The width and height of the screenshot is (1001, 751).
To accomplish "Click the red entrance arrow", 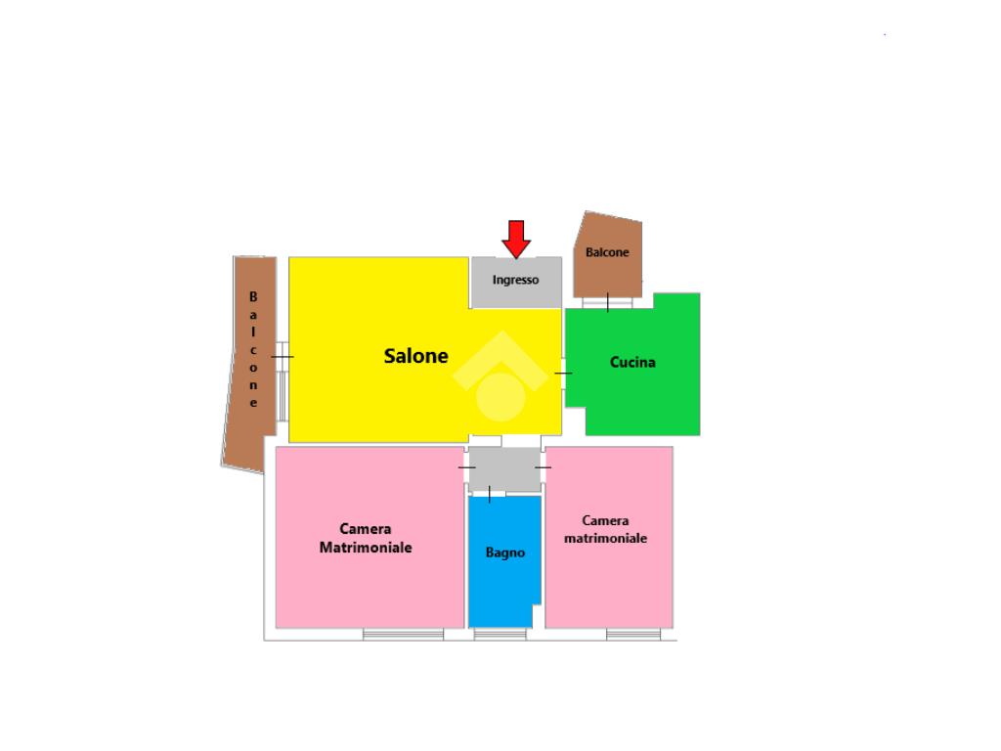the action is pos(515,239).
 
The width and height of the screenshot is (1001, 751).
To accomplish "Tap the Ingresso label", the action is pos(515,280).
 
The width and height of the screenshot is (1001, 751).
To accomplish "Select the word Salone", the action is pos(415,357).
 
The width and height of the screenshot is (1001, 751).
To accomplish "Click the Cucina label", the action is pos(632,363).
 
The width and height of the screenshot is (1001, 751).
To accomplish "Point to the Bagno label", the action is pos(505,552).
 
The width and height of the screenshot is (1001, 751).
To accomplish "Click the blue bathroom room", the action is pos(503,587).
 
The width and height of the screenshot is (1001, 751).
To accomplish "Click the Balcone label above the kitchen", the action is pos(607,252).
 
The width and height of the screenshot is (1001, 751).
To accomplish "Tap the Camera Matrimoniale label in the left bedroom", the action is pos(366,538).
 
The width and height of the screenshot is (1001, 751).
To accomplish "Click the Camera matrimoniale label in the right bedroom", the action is pos(606,530).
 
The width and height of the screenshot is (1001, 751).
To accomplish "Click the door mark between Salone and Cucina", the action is pos(563,374).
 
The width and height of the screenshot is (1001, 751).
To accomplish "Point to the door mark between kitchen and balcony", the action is pos(607,302).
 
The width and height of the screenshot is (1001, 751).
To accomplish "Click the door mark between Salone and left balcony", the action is pos(282,357).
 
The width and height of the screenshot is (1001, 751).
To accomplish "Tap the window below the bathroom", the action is pos(500,635).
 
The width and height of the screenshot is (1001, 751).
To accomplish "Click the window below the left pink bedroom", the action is pos(403,635).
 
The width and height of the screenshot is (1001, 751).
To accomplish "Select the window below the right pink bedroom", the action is pos(633,635).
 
